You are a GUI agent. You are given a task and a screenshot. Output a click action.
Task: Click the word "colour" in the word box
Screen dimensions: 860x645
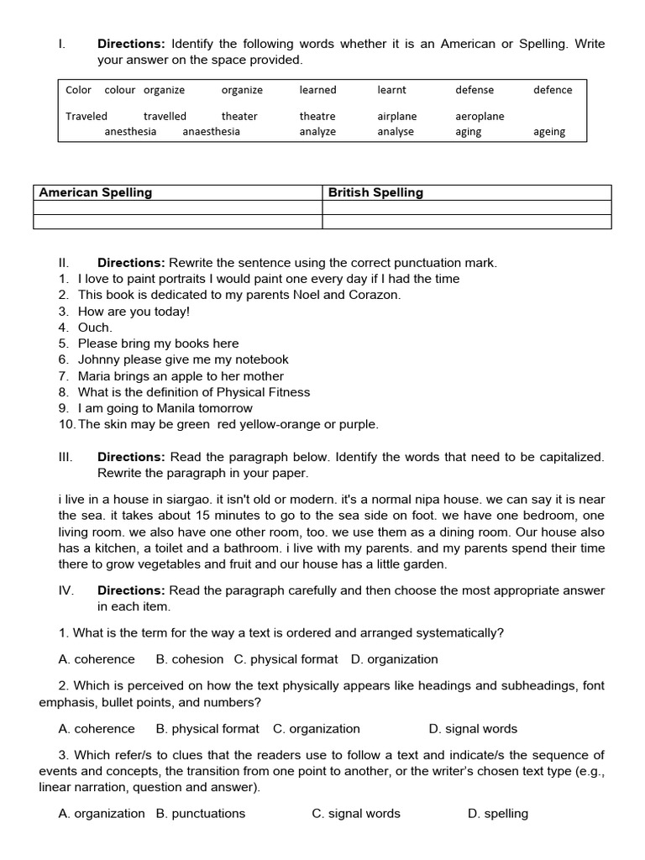pos(119,90)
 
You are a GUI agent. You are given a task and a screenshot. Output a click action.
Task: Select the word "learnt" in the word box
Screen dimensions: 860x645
pos(391,90)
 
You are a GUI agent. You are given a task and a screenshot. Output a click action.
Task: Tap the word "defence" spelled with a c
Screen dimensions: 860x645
pos(553,90)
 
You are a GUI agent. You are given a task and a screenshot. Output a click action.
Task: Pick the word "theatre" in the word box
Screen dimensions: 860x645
pos(317,116)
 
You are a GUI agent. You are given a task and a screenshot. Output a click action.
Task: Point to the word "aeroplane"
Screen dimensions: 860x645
pos(480,116)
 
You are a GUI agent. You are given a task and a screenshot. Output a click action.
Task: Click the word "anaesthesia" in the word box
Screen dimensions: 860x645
pos(211,131)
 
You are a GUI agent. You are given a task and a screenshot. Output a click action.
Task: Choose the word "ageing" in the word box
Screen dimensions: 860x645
pos(549,131)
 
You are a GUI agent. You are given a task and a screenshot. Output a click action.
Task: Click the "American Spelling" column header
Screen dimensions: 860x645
pos(96,192)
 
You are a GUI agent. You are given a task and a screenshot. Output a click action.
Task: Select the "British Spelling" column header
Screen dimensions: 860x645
pos(375,192)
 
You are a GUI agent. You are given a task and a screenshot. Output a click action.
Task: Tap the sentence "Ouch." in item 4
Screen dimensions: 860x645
pos(95,328)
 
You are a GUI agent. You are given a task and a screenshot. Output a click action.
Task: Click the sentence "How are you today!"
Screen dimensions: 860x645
pos(134,311)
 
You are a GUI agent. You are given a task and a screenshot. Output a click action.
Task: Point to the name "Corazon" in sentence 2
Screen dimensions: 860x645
pos(375,295)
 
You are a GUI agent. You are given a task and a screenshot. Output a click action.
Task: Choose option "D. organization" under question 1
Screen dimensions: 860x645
pos(395,659)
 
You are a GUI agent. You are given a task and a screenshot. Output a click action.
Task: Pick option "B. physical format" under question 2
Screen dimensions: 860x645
pos(207,729)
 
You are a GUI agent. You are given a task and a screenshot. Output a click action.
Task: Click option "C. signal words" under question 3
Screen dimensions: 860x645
pos(356,813)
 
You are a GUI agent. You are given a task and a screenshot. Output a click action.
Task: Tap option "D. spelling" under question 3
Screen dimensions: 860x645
pos(498,813)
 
